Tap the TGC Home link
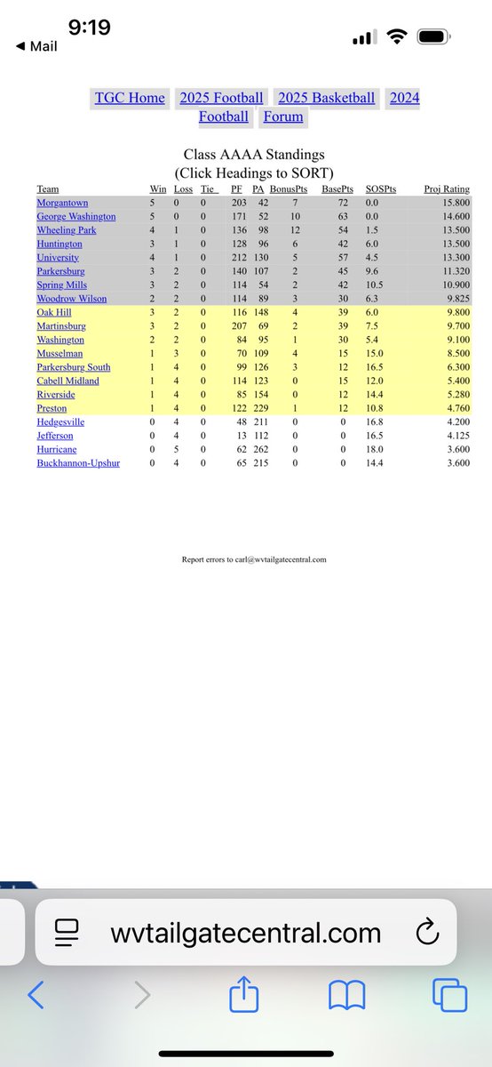(130, 97)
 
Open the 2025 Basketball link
(326, 97)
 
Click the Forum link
(283, 116)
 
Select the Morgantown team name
(63, 203)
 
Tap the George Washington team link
(76, 216)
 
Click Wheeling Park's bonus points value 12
(295, 229)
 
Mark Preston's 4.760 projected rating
(456, 408)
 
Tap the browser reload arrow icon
(428, 933)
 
